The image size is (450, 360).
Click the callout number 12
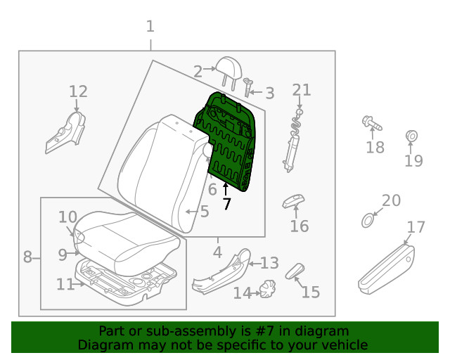(78, 91)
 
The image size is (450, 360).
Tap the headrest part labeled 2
(226, 67)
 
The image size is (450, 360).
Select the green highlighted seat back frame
(233, 141)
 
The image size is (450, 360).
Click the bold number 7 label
(226, 205)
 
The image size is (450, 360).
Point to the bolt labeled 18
(371, 125)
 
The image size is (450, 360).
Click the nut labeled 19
(412, 136)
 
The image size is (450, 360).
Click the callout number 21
(301, 89)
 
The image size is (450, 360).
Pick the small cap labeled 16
(292, 202)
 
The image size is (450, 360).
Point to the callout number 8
(27, 257)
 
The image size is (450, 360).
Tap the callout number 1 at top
(150, 27)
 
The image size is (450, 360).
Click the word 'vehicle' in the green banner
(344, 345)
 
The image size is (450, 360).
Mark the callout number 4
(217, 251)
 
